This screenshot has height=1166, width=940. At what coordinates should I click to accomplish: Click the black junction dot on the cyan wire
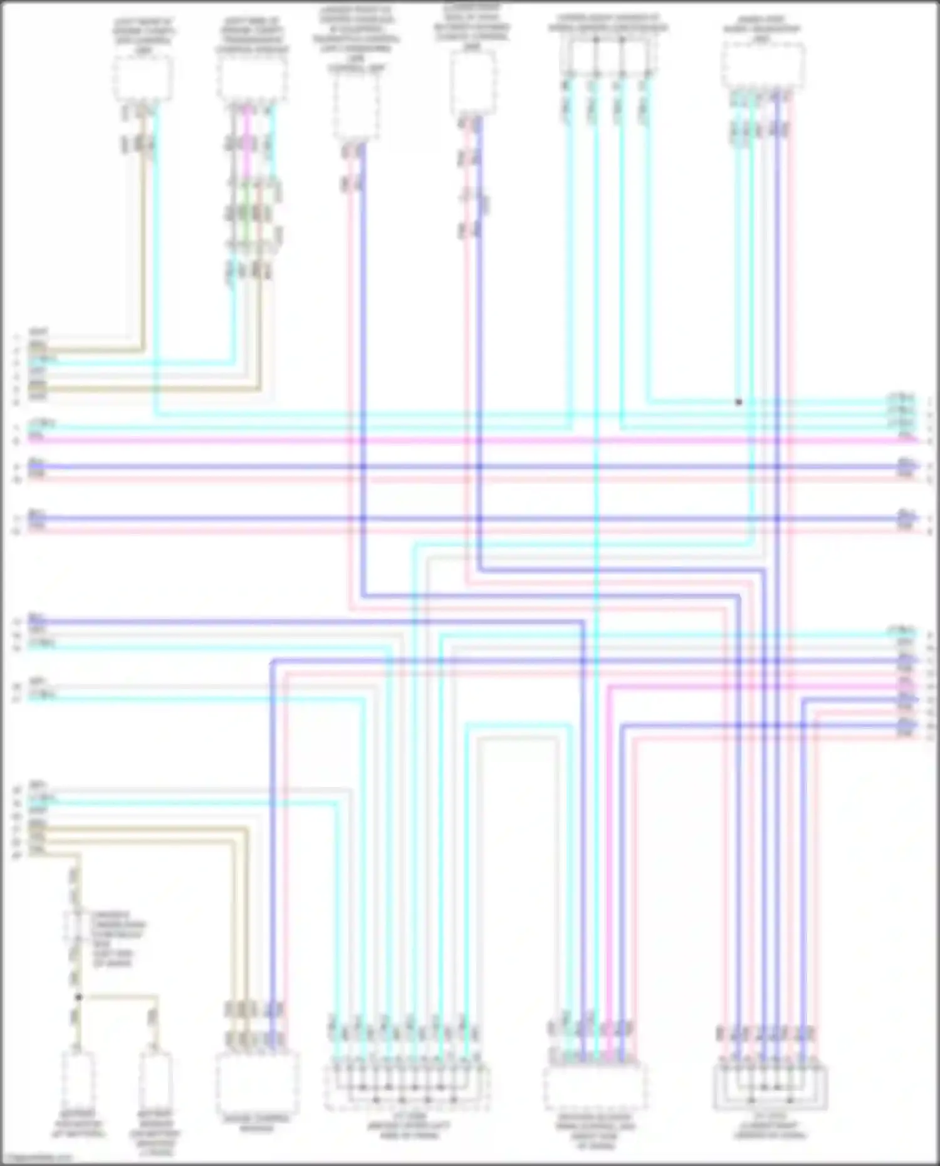[x=739, y=402]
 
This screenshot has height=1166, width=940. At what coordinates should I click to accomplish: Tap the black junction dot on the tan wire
[x=79, y=997]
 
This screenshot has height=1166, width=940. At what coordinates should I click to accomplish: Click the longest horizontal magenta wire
[x=476, y=441]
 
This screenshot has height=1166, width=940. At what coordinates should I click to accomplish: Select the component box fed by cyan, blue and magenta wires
[x=595, y=1087]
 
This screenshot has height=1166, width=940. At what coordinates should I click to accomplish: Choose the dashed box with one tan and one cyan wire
[x=143, y=78]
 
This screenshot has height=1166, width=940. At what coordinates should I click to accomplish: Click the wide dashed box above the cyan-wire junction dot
[x=763, y=66]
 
